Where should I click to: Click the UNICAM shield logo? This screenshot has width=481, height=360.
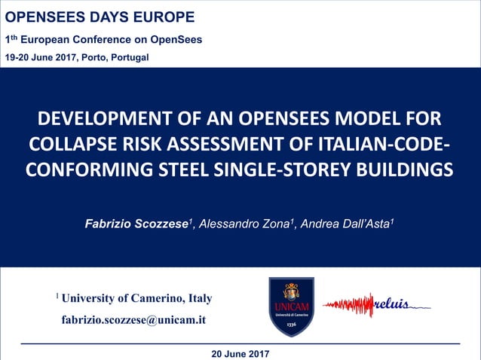[291, 307]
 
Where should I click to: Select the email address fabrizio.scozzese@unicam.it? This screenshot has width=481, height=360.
[133, 319]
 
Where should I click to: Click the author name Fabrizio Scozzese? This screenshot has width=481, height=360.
[136, 224]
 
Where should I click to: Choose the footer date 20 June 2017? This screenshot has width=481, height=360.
[240, 353]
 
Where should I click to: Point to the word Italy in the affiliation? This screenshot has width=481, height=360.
[200, 298]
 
